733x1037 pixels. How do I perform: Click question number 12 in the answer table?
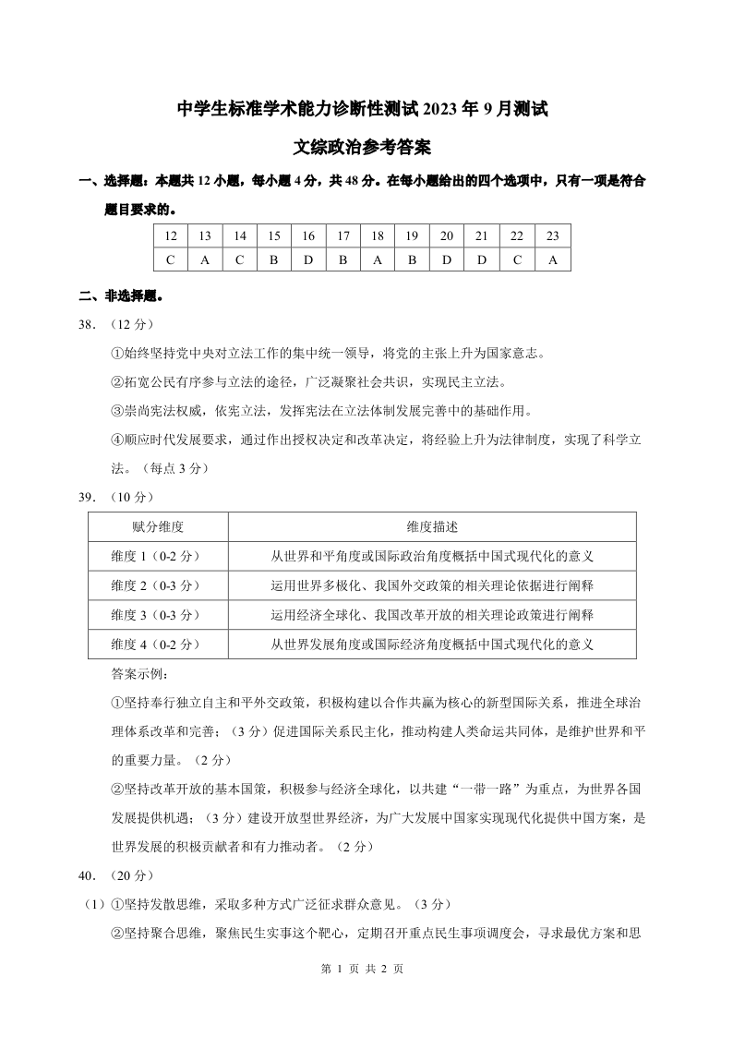pos(171,236)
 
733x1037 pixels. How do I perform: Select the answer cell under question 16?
pos(308,259)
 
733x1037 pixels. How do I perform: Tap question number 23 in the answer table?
pos(553,236)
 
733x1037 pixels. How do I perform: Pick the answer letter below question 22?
pos(518,259)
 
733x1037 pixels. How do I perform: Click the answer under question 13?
pos(205,259)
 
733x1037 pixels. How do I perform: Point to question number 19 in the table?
pos(413,236)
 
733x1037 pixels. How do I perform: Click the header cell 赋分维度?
pos(159,526)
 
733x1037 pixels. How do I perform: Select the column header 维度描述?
pos(432,526)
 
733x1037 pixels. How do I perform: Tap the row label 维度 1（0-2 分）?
pos(159,556)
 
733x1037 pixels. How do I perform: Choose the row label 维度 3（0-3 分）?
pos(159,614)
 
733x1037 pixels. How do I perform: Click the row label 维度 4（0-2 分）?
pos(159,644)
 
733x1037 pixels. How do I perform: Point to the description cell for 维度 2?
pos(432,585)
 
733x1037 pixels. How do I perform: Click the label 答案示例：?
pos(134,674)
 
